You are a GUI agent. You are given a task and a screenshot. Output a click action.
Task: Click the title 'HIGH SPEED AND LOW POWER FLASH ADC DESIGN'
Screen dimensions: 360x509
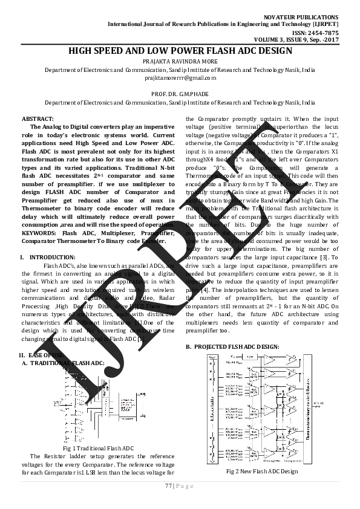tap(179, 51)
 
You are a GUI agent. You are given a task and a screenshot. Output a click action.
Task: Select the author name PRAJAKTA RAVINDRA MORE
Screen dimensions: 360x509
tap(179, 62)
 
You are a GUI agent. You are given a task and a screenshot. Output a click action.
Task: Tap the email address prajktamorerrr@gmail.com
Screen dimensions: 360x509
tap(179, 78)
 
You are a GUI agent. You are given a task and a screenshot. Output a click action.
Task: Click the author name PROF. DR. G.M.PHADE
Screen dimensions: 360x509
tap(179, 94)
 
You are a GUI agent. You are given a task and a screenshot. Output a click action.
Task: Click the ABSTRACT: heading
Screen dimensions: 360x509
tap(38, 118)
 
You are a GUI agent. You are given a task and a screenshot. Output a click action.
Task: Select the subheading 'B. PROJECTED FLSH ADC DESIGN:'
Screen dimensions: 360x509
tap(232, 346)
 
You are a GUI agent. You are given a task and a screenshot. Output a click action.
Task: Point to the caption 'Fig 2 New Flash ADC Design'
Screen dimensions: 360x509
tap(262, 471)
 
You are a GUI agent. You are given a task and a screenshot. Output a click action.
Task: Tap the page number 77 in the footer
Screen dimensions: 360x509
tap(168, 486)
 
